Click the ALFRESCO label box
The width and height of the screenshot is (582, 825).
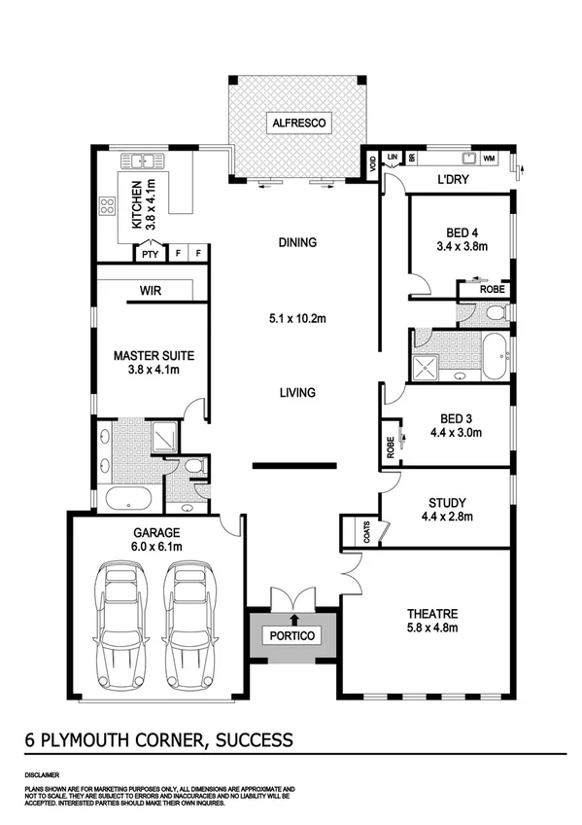pos(299,124)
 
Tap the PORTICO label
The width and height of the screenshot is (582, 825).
pos(293,635)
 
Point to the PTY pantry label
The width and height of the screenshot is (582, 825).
pos(149,254)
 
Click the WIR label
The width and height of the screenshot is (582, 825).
pos(150,290)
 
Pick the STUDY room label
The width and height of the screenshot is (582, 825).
pos(447,503)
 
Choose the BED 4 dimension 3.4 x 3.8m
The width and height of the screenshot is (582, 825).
pos(460,247)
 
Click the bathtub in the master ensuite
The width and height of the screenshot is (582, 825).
pos(127,501)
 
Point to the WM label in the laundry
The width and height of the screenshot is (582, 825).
pos(489,157)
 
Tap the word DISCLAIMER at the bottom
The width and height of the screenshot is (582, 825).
pos(43,776)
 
